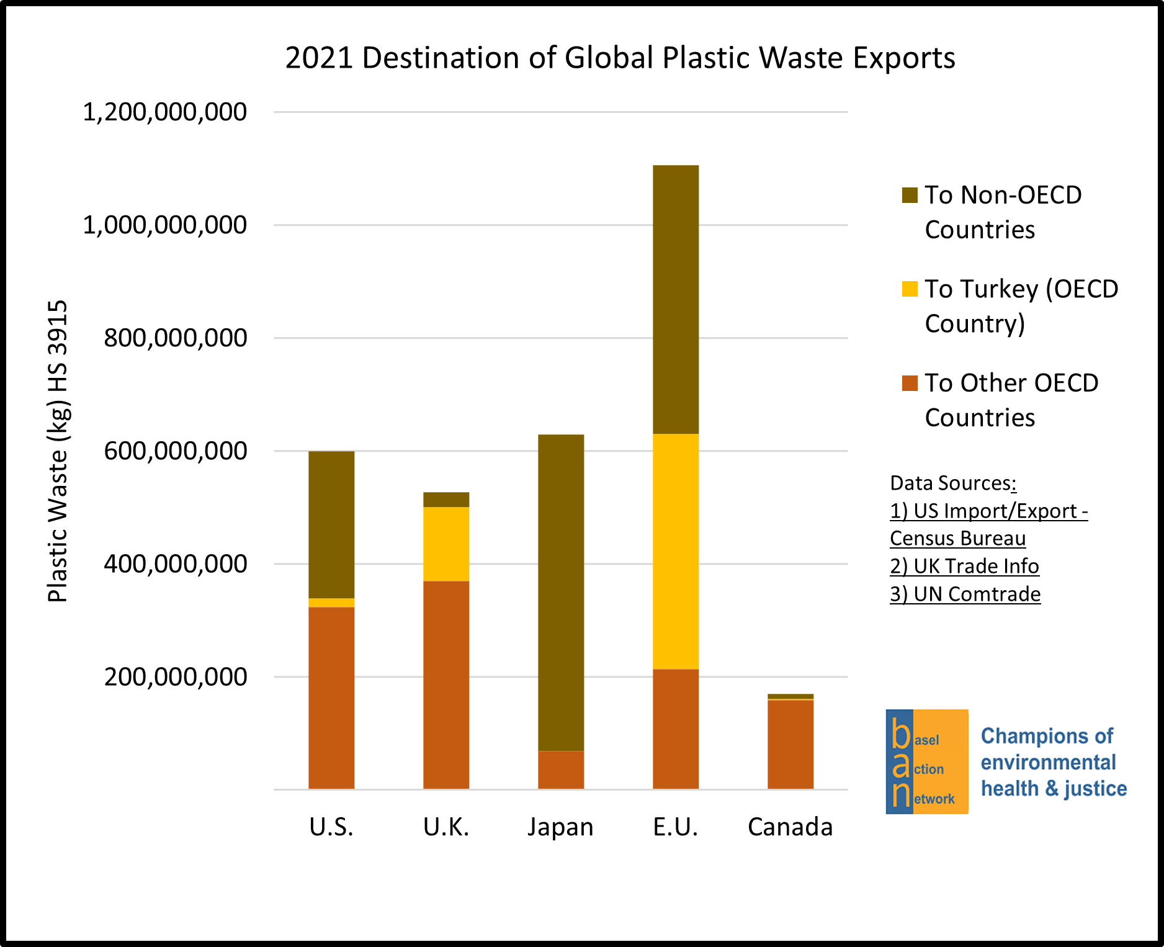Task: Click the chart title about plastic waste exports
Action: pyautogui.click(x=619, y=58)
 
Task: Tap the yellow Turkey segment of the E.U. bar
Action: pyautogui.click(x=675, y=551)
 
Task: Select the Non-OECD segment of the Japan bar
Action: pyautogui.click(x=560, y=593)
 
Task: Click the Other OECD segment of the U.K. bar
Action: pyautogui.click(x=445, y=684)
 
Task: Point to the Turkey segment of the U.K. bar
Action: pyautogui.click(x=445, y=544)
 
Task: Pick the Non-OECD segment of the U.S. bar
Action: pyautogui.click(x=331, y=524)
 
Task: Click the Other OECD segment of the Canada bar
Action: pyautogui.click(x=790, y=745)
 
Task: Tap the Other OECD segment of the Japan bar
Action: pyautogui.click(x=560, y=770)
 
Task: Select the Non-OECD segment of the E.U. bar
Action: pyautogui.click(x=675, y=299)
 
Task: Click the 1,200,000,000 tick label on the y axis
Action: pyautogui.click(x=164, y=112)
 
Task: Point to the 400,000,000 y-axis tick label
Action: pyautogui.click(x=175, y=564)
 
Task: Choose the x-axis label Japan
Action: pyautogui.click(x=560, y=827)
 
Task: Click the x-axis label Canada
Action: pyautogui.click(x=790, y=827)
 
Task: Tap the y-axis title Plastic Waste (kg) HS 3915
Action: pyautogui.click(x=58, y=451)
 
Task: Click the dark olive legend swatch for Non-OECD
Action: pyautogui.click(x=909, y=195)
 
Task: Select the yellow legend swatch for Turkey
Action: pyautogui.click(x=909, y=289)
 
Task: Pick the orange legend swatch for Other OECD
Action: pyautogui.click(x=909, y=383)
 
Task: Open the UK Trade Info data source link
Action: pyautogui.click(x=964, y=566)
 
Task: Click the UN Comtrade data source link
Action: pyautogui.click(x=965, y=594)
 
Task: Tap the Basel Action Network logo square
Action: pyautogui.click(x=926, y=761)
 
